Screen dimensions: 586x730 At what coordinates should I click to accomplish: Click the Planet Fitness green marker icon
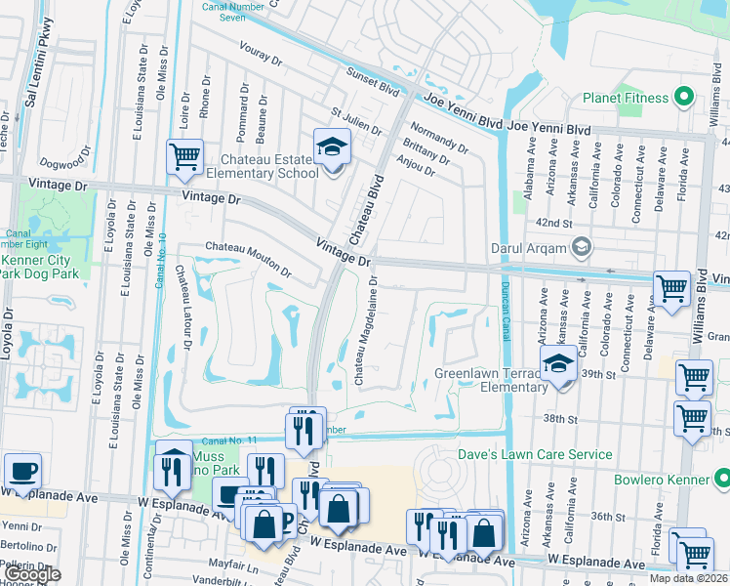coord(683,98)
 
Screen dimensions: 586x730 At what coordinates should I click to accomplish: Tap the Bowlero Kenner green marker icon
coord(721,480)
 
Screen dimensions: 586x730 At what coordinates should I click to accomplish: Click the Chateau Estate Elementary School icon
coord(332,148)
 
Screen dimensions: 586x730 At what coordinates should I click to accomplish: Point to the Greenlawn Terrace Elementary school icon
coord(559,365)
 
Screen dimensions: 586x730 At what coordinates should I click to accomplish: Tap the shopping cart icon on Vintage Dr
coord(184,156)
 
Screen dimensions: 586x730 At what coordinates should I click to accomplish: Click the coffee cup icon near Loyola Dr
coord(22,471)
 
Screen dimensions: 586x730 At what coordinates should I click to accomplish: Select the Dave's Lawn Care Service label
coord(536,454)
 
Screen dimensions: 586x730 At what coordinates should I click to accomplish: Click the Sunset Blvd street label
coord(374,80)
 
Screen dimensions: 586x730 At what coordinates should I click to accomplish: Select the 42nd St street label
coord(553,224)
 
